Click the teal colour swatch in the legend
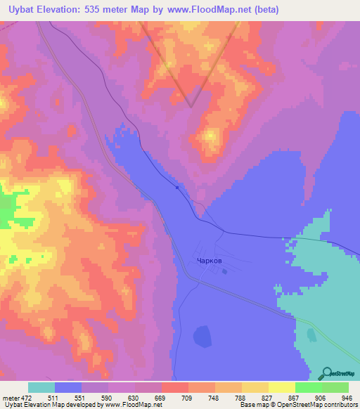click(41, 387)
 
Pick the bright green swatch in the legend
click(308, 387)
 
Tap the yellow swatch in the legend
click(281, 387)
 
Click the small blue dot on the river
click(177, 187)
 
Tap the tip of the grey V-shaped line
click(191, 106)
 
